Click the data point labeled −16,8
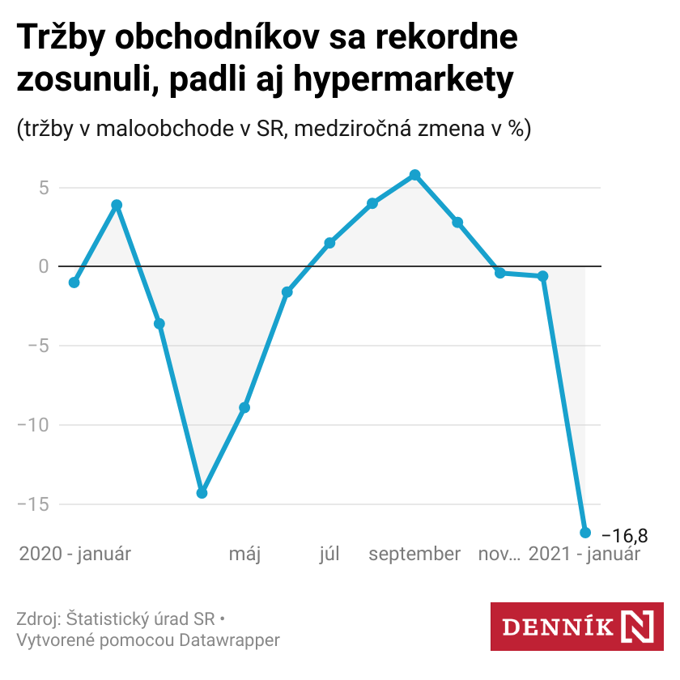pyautogui.click(x=585, y=533)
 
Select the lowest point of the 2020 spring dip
pyautogui.click(x=202, y=493)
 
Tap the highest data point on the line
pyautogui.click(x=415, y=175)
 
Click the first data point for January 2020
pyautogui.click(x=74, y=283)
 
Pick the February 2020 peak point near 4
pyautogui.click(x=117, y=205)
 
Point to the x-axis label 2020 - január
pyautogui.click(x=75, y=555)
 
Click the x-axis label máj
pyautogui.click(x=244, y=555)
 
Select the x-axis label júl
pyautogui.click(x=329, y=555)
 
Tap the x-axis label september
pyautogui.click(x=414, y=555)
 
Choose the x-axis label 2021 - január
pyautogui.click(x=584, y=555)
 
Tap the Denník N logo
pyautogui.click(x=577, y=626)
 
